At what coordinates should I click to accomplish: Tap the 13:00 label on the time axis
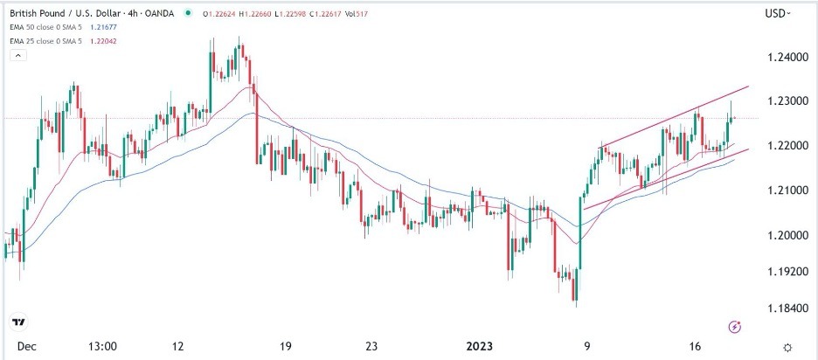102,346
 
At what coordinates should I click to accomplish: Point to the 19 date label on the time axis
285,346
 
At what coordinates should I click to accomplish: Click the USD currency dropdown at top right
777,13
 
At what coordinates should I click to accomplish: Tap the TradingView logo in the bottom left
19,322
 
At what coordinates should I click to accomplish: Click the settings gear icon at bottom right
789,347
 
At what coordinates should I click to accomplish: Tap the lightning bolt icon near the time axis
735,327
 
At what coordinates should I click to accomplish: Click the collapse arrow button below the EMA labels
17,54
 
